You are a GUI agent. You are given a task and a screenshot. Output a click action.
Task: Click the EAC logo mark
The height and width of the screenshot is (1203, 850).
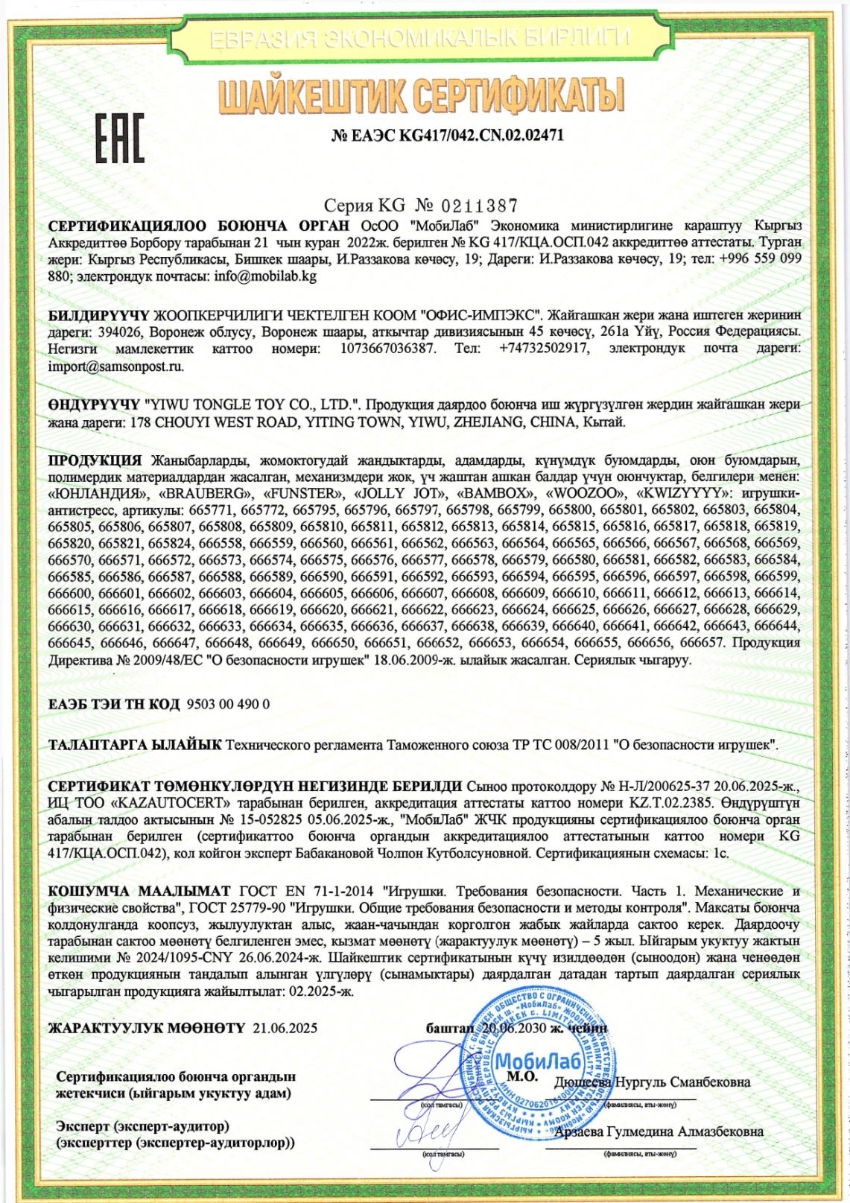point(119,139)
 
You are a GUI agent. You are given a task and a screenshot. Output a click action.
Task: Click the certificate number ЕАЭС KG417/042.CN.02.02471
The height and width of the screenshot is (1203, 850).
point(447,136)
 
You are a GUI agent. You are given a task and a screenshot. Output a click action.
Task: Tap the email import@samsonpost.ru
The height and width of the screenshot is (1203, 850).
point(115,366)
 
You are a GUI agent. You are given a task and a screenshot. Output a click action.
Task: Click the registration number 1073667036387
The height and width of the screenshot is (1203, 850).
point(387,349)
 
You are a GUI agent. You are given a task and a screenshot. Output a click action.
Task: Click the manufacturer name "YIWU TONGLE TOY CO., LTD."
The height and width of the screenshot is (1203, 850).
point(252,404)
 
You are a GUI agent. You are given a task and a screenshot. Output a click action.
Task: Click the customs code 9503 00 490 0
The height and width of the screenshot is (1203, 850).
point(228,704)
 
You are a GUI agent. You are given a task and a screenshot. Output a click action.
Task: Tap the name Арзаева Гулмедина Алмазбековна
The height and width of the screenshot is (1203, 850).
point(660,1131)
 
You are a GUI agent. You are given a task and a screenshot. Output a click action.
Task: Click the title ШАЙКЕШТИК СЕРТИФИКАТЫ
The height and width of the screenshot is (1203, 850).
point(422,95)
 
